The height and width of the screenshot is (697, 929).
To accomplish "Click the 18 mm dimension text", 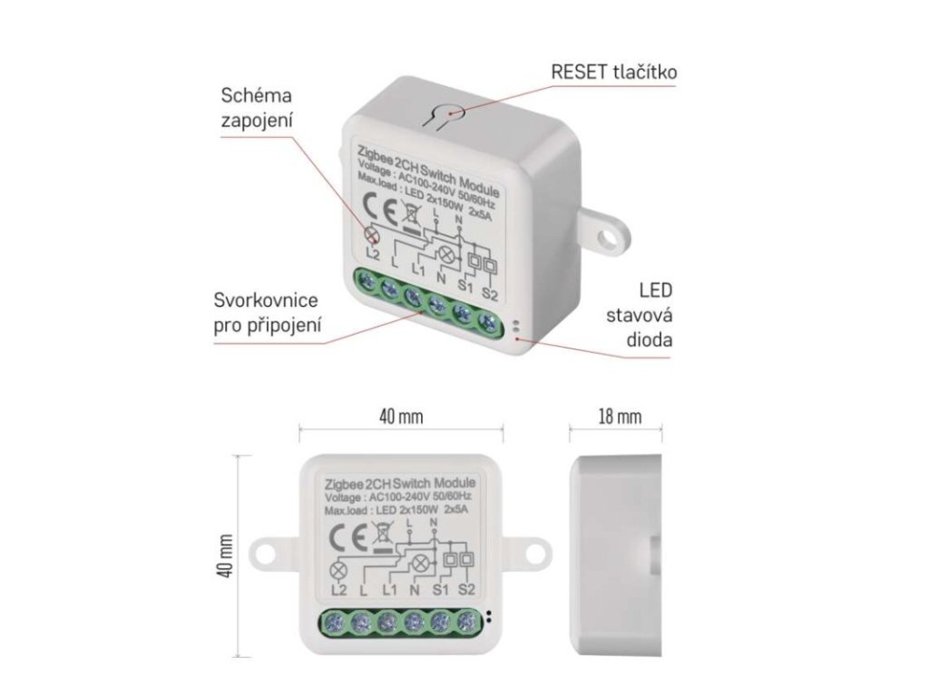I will [619, 417].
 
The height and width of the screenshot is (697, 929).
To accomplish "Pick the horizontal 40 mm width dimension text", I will [401, 417].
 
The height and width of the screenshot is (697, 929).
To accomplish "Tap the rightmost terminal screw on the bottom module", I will [467, 623].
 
